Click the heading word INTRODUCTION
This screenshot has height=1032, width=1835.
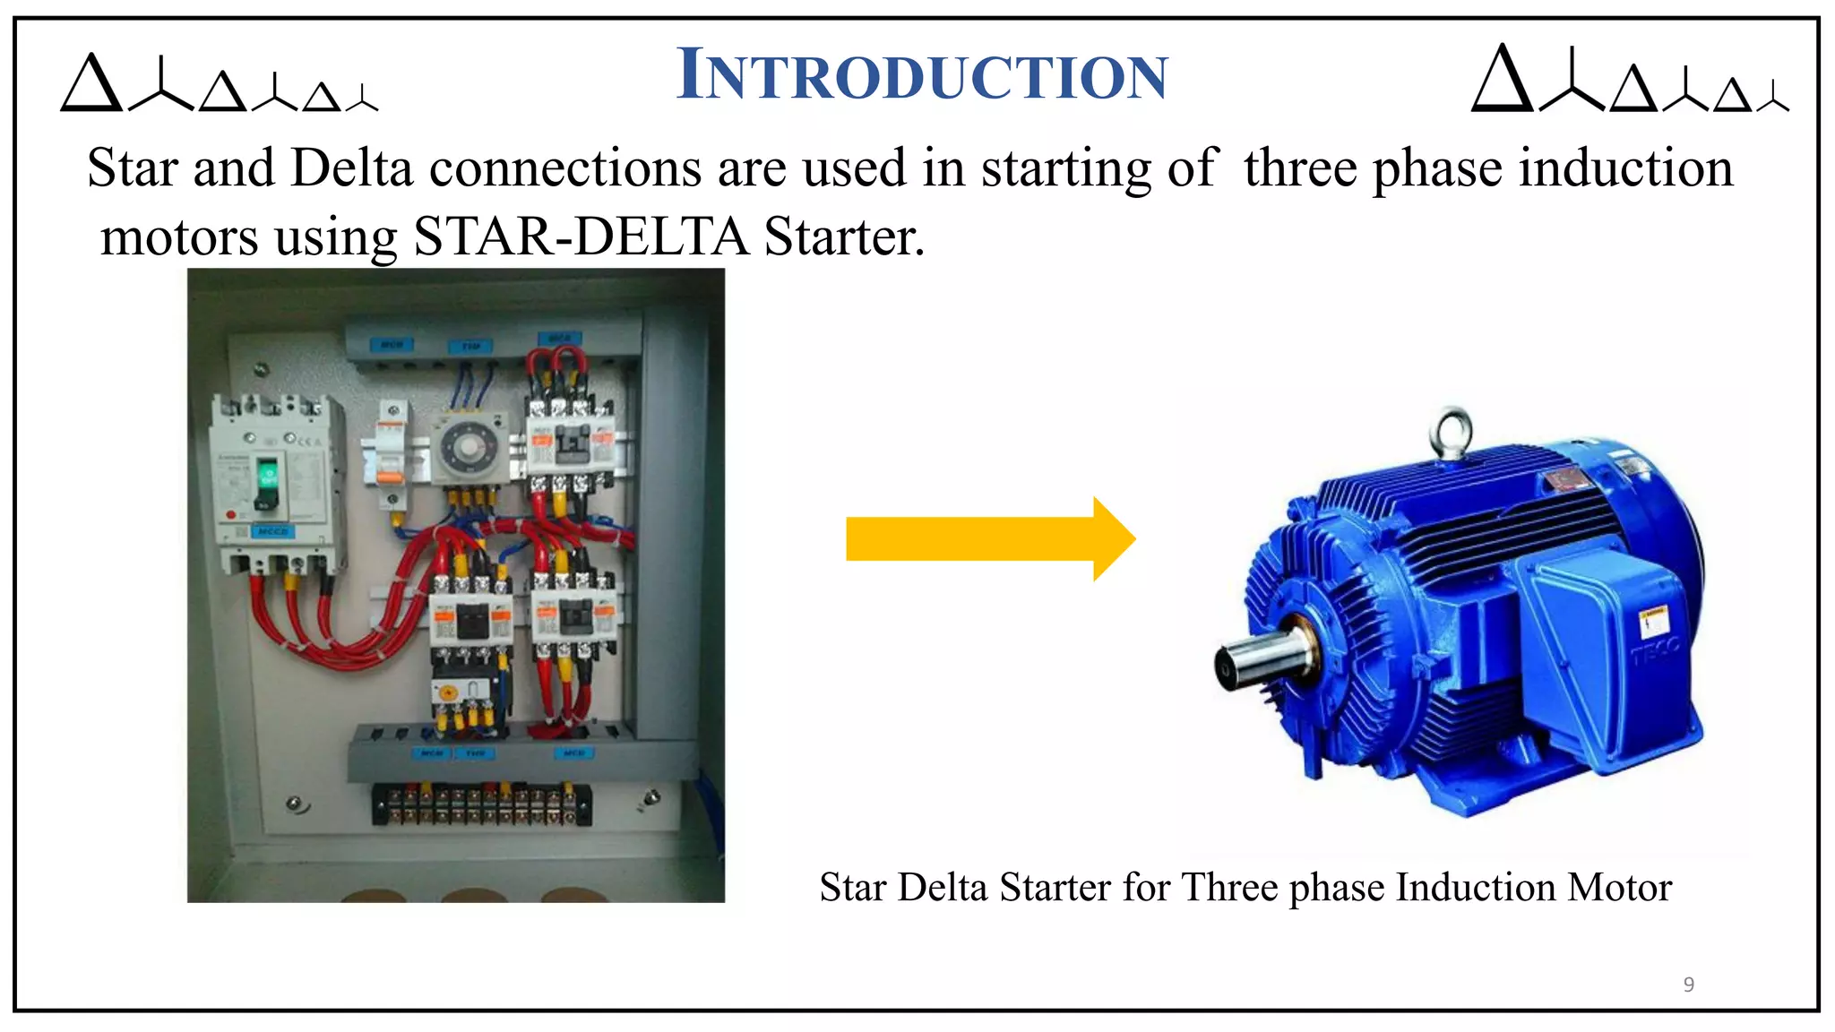(922, 76)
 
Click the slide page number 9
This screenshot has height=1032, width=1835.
(1688, 985)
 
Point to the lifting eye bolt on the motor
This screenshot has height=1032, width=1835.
(1451, 433)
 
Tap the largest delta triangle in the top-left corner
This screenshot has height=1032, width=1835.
(90, 84)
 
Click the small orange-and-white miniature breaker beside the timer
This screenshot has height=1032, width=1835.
(391, 457)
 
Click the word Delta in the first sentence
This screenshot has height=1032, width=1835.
(351, 168)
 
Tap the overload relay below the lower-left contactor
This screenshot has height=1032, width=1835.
(462, 692)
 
